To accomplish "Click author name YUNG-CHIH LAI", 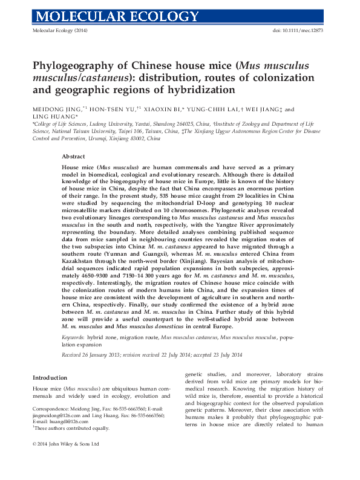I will [214, 109].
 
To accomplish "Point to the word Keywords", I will [73, 336].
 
